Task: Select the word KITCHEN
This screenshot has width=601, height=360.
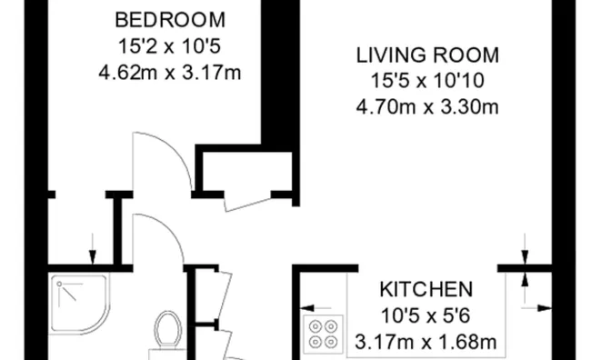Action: (x=426, y=290)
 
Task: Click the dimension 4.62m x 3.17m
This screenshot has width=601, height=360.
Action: (x=170, y=73)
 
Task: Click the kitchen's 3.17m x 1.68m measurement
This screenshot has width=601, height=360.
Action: (x=426, y=342)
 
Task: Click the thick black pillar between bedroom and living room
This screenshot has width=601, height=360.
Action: (x=275, y=73)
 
